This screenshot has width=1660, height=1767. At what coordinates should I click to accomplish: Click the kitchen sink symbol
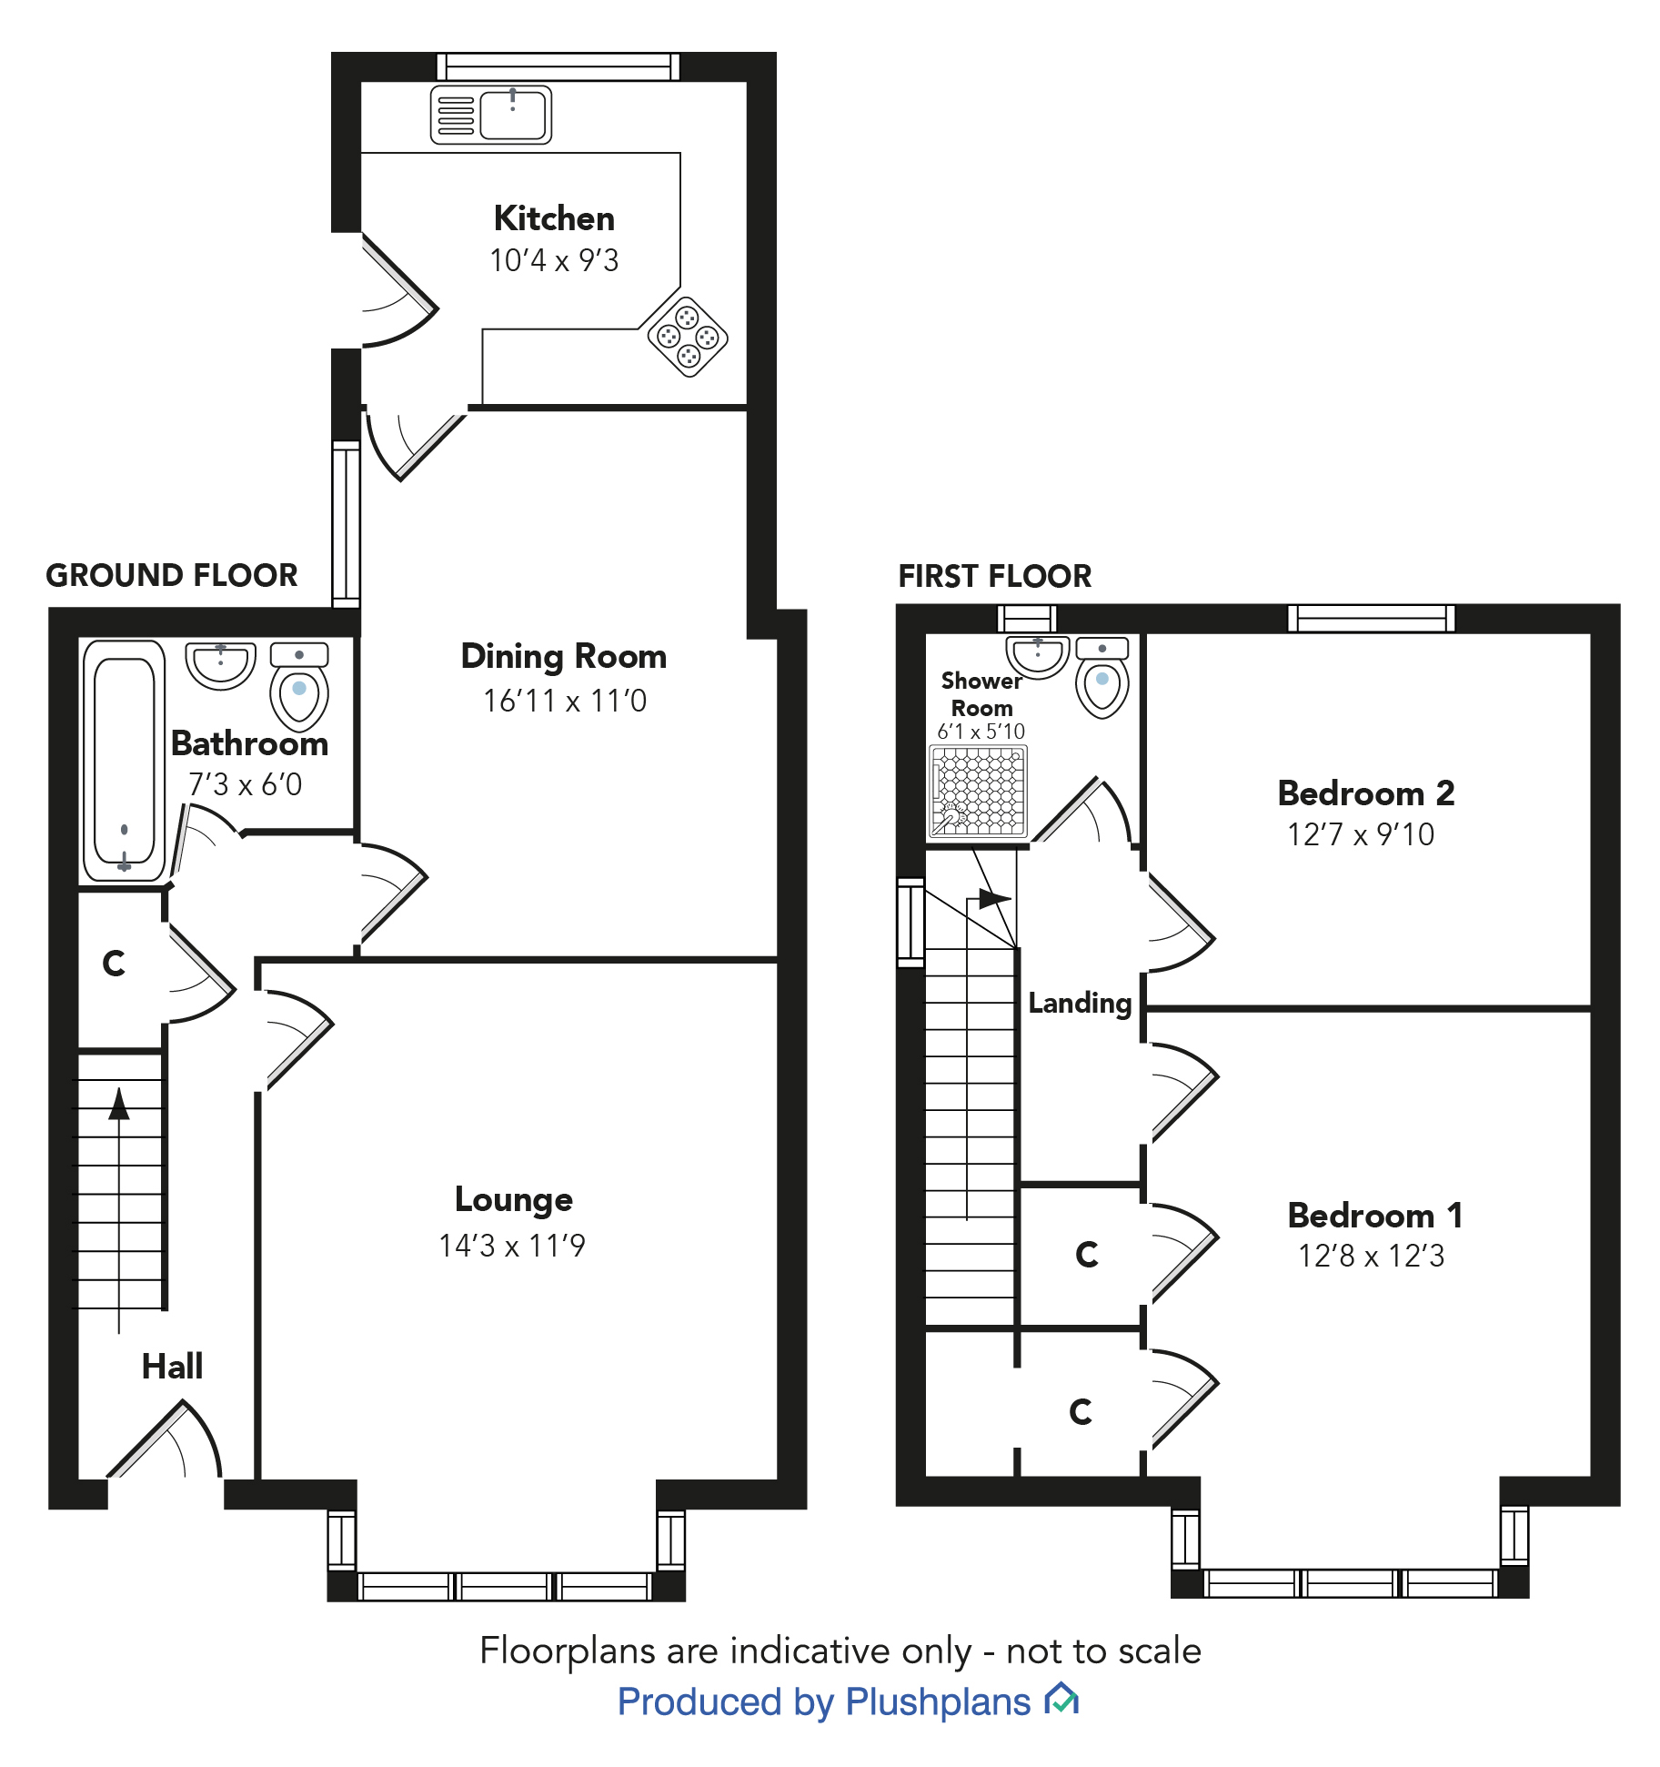coord(491,116)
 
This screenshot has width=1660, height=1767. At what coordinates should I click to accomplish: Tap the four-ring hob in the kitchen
coord(688,338)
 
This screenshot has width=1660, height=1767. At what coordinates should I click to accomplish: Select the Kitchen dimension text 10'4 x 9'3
coord(554,261)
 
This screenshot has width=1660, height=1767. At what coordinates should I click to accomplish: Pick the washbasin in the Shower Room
coord(1037,656)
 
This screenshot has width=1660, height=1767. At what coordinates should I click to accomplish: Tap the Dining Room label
coord(563,656)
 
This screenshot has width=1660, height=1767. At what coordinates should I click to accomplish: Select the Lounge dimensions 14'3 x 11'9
coord(512,1246)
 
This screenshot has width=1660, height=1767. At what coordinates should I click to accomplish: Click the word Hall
coord(172,1366)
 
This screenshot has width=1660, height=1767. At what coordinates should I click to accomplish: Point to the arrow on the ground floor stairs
coord(119,1105)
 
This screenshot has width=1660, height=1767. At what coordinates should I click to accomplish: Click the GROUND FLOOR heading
coord(172,575)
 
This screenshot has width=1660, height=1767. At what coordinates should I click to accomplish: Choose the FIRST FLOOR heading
coord(994,576)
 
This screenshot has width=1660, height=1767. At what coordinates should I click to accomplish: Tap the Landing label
coord(1080,1003)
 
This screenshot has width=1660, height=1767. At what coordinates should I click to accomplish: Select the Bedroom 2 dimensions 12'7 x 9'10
coord(1360,834)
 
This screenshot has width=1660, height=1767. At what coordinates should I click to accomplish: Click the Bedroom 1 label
coord(1374,1216)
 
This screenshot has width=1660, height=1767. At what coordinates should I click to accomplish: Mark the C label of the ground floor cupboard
coord(114,964)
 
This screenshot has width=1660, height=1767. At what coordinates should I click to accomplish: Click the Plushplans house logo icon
coord(1061,1699)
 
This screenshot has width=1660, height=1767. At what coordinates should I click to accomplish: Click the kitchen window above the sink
coord(558,66)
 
